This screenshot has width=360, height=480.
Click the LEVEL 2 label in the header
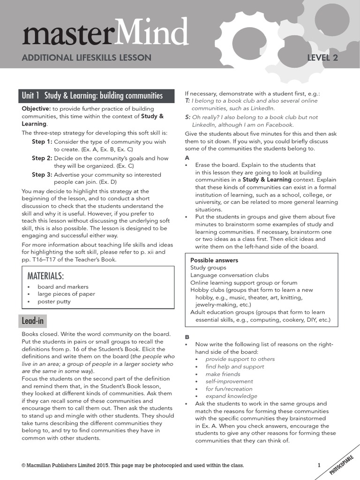(x=322, y=58)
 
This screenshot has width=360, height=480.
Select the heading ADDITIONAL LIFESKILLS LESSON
(x=87, y=58)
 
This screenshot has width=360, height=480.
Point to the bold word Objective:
(x=36, y=109)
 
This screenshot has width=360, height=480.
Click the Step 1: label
(x=42, y=142)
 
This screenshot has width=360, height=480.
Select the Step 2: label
(x=42, y=158)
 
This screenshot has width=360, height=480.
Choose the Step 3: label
(x=42, y=174)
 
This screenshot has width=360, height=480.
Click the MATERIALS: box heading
(x=45, y=275)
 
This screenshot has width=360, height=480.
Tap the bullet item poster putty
(x=54, y=301)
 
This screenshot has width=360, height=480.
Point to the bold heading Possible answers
(x=214, y=260)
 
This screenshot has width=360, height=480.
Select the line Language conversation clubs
(x=229, y=275)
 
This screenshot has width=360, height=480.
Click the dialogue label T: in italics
(x=187, y=101)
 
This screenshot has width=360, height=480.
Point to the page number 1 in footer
(x=319, y=465)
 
